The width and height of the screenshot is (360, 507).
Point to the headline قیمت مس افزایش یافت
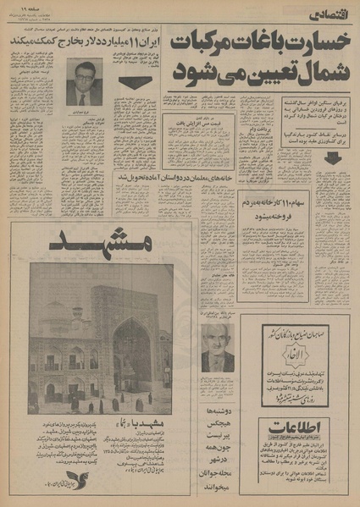[197, 124]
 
